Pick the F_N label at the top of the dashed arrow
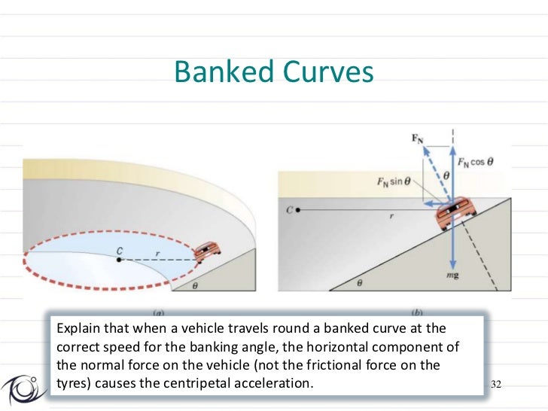pyautogui.click(x=418, y=139)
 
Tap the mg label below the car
pyautogui.click(x=452, y=276)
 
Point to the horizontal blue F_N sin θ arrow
pyautogui.click(x=430, y=203)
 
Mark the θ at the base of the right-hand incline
pyautogui.click(x=359, y=283)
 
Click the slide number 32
pyautogui.click(x=495, y=385)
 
